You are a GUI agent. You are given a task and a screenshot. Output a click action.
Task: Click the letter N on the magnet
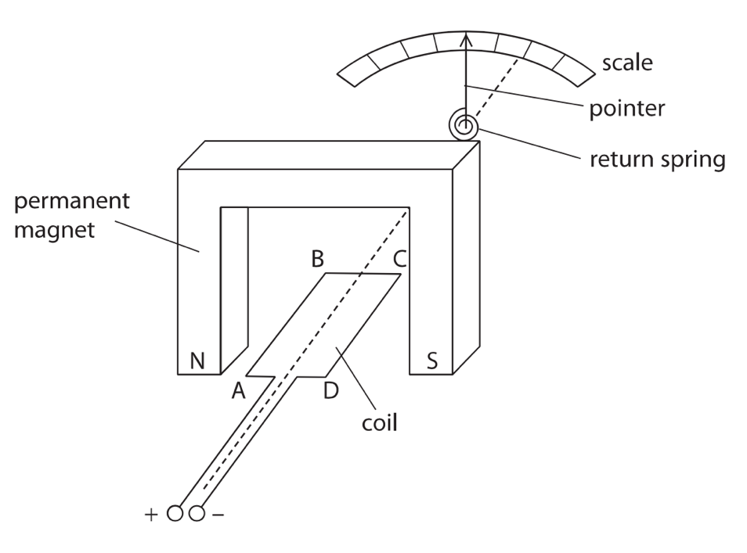pos(197,361)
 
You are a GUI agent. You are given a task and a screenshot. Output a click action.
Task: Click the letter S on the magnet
pos(432,361)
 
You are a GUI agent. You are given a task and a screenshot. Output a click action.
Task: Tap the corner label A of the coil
pos(238,391)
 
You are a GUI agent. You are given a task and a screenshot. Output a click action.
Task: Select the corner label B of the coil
pos(317,260)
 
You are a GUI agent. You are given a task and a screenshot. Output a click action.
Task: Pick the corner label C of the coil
pos(399,260)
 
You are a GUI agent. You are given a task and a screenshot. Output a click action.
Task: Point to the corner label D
pos(330,391)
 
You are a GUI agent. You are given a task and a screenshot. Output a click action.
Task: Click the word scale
pos(627,63)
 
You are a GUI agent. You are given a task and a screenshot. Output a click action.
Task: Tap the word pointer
pos(627,109)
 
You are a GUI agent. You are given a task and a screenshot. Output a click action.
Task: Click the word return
pos(621,160)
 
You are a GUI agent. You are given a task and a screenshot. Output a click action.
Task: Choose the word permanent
pos(71,201)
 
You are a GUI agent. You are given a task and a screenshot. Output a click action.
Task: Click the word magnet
pos(54,231)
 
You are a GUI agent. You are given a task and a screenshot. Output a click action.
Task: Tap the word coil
pos(379,422)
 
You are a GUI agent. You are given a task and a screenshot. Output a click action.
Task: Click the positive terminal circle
pos(175,513)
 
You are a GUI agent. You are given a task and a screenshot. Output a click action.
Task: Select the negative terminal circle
pos(197,513)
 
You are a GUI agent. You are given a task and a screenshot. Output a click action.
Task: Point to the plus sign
pos(150,515)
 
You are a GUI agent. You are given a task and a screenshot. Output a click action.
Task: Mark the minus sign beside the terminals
pos(218,515)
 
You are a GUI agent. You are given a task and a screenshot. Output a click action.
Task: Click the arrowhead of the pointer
pos(466,39)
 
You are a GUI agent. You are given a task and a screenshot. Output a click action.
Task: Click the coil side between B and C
pos(363,274)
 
